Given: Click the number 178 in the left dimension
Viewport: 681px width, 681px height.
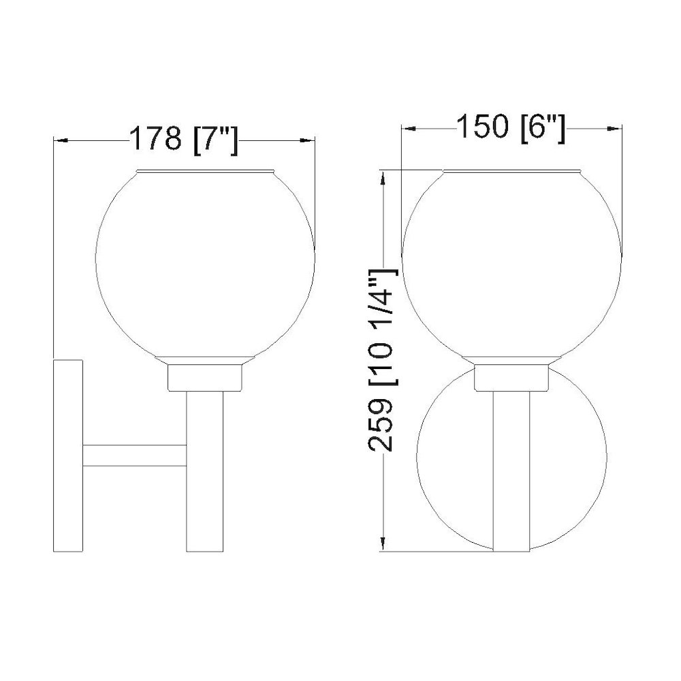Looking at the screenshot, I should pyautogui.click(x=156, y=140).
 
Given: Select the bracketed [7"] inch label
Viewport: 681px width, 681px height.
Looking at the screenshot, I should pyautogui.click(x=214, y=140).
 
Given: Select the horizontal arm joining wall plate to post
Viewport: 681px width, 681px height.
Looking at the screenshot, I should pyautogui.click(x=134, y=455).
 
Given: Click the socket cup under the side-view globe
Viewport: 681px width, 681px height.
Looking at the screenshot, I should pyautogui.click(x=204, y=377).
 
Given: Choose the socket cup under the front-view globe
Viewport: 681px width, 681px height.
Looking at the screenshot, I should pyautogui.click(x=511, y=377).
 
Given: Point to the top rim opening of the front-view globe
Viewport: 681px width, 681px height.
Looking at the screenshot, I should pyautogui.click(x=511, y=170).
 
